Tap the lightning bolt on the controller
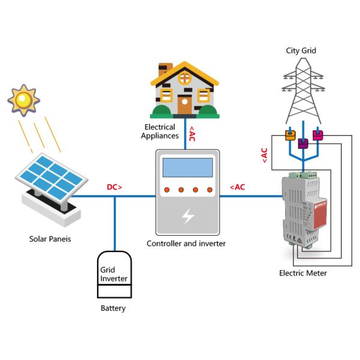[x=188, y=216]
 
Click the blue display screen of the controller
[x=188, y=168]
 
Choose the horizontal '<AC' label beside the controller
[x=237, y=187]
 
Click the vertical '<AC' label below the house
[x=191, y=133]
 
